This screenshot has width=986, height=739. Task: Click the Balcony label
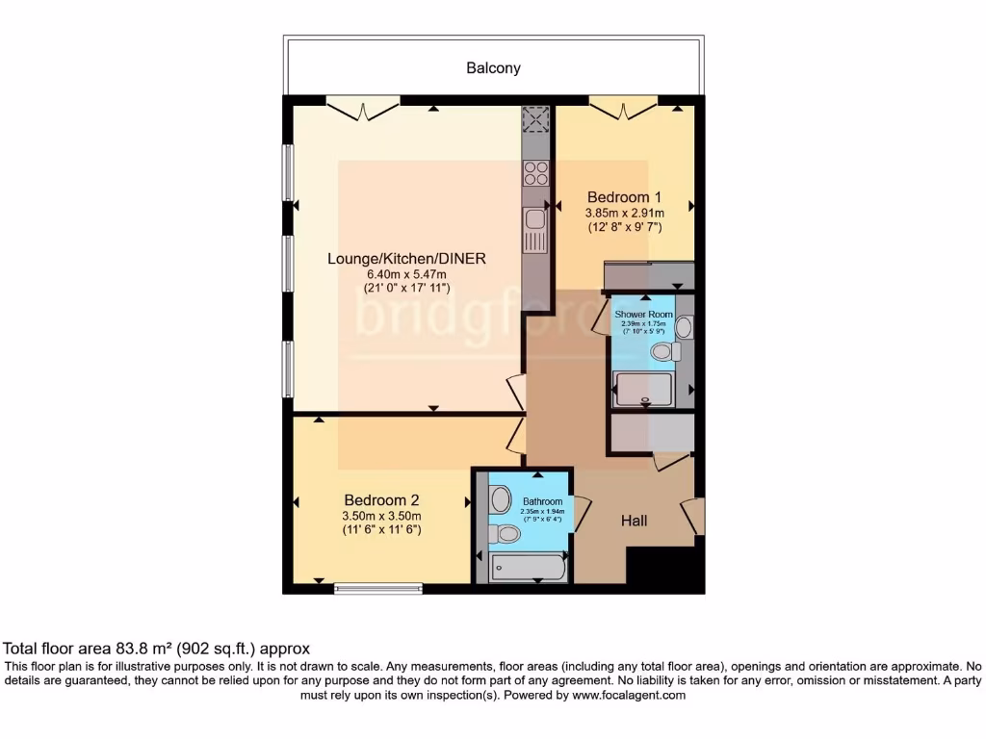point(493,67)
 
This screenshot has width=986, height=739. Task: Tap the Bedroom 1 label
point(624,196)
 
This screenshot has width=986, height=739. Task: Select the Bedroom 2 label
point(381,499)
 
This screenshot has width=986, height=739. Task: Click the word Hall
point(634,521)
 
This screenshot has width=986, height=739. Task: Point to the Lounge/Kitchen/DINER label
point(406,258)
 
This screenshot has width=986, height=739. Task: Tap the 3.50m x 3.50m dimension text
point(381,516)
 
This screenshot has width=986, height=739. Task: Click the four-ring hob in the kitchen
point(534,173)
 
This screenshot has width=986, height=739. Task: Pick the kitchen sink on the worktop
point(534,219)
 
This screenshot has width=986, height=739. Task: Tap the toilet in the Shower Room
point(662,352)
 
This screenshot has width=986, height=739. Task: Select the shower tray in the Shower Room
point(643,388)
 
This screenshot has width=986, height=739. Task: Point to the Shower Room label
point(643,315)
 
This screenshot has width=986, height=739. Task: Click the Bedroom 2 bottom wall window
point(377,587)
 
